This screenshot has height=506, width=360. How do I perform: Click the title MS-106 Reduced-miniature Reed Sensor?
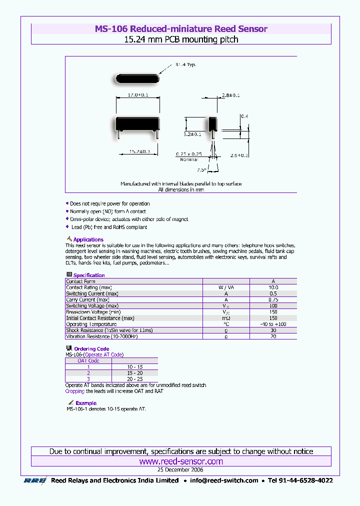pos(181,29)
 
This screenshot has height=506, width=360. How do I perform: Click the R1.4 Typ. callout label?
pos(185,64)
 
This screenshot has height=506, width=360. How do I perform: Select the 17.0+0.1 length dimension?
pos(138,94)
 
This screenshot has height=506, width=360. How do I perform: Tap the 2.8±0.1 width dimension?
pos(230,95)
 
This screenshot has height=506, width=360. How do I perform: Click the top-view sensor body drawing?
pos(137,78)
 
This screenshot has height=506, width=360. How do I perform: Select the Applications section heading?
pos(88,240)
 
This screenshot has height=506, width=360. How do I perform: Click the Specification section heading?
pos(89,275)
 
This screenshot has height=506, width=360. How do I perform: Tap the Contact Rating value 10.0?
pos(273,287)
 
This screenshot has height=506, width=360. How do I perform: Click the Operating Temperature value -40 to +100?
pos(273,324)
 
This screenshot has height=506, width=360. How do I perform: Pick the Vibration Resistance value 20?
pos(273,336)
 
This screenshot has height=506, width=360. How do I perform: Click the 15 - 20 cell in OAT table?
pos(134,373)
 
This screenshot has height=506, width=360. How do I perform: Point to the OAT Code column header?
pos(88,360)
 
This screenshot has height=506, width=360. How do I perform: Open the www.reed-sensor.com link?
pos(181,461)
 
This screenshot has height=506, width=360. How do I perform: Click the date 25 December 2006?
pos(180,470)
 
